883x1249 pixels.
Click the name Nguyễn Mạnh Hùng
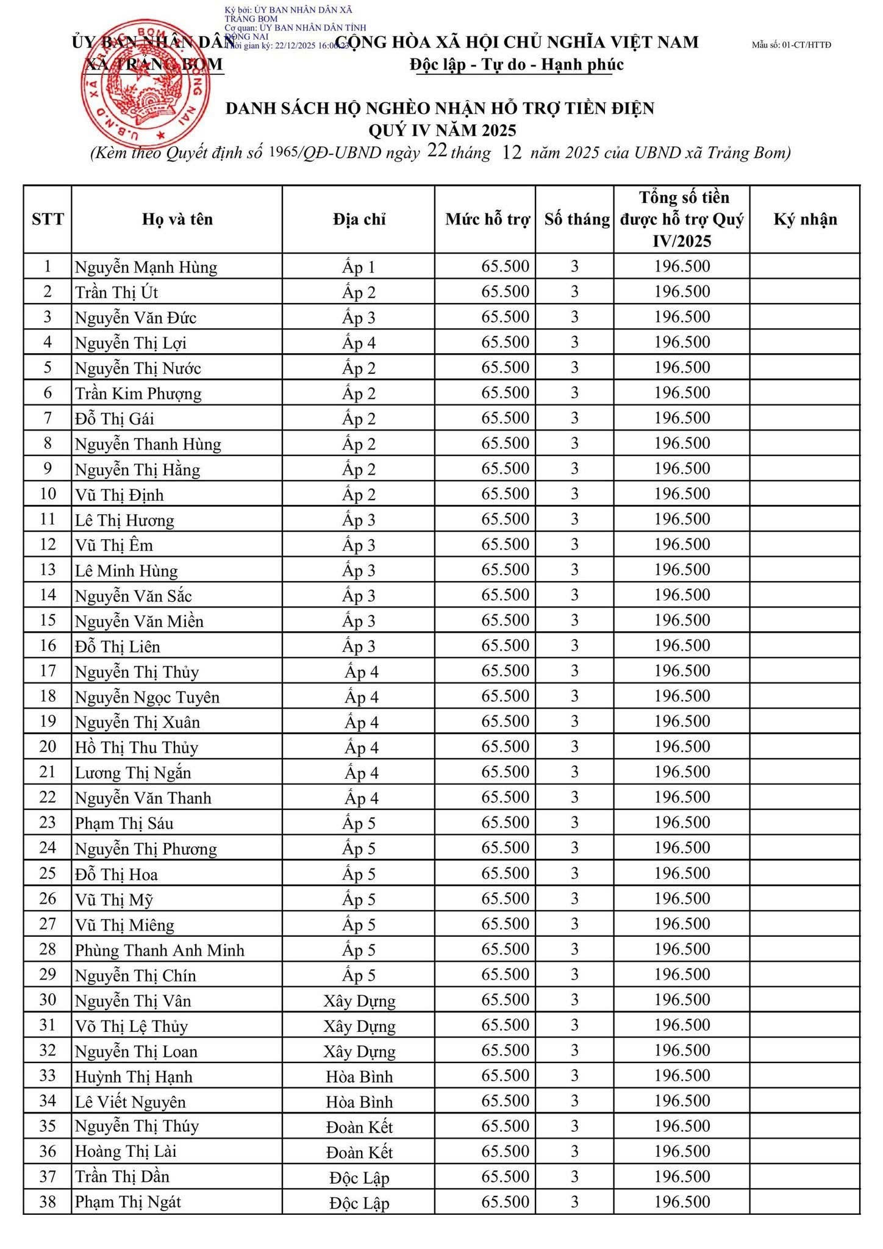(146, 267)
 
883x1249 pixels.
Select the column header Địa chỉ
(359, 220)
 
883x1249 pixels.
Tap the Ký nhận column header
(805, 220)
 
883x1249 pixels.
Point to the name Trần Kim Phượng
(138, 393)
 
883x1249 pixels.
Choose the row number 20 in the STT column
(48, 746)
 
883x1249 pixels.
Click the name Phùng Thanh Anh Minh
(159, 950)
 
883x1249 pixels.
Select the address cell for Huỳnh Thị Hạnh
(359, 1076)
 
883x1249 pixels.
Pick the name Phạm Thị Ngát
(128, 1202)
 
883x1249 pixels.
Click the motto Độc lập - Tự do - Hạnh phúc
(517, 65)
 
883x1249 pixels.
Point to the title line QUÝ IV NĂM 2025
(442, 131)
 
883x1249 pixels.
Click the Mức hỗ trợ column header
(487, 220)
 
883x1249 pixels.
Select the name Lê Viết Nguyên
(130, 1102)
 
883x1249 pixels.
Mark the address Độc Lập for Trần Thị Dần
(359, 1177)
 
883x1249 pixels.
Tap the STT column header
(48, 220)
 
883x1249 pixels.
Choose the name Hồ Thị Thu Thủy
(137, 748)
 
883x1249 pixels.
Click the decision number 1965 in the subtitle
(283, 152)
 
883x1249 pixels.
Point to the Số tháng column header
(576, 220)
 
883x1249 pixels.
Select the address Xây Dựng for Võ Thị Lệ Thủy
(359, 1026)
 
